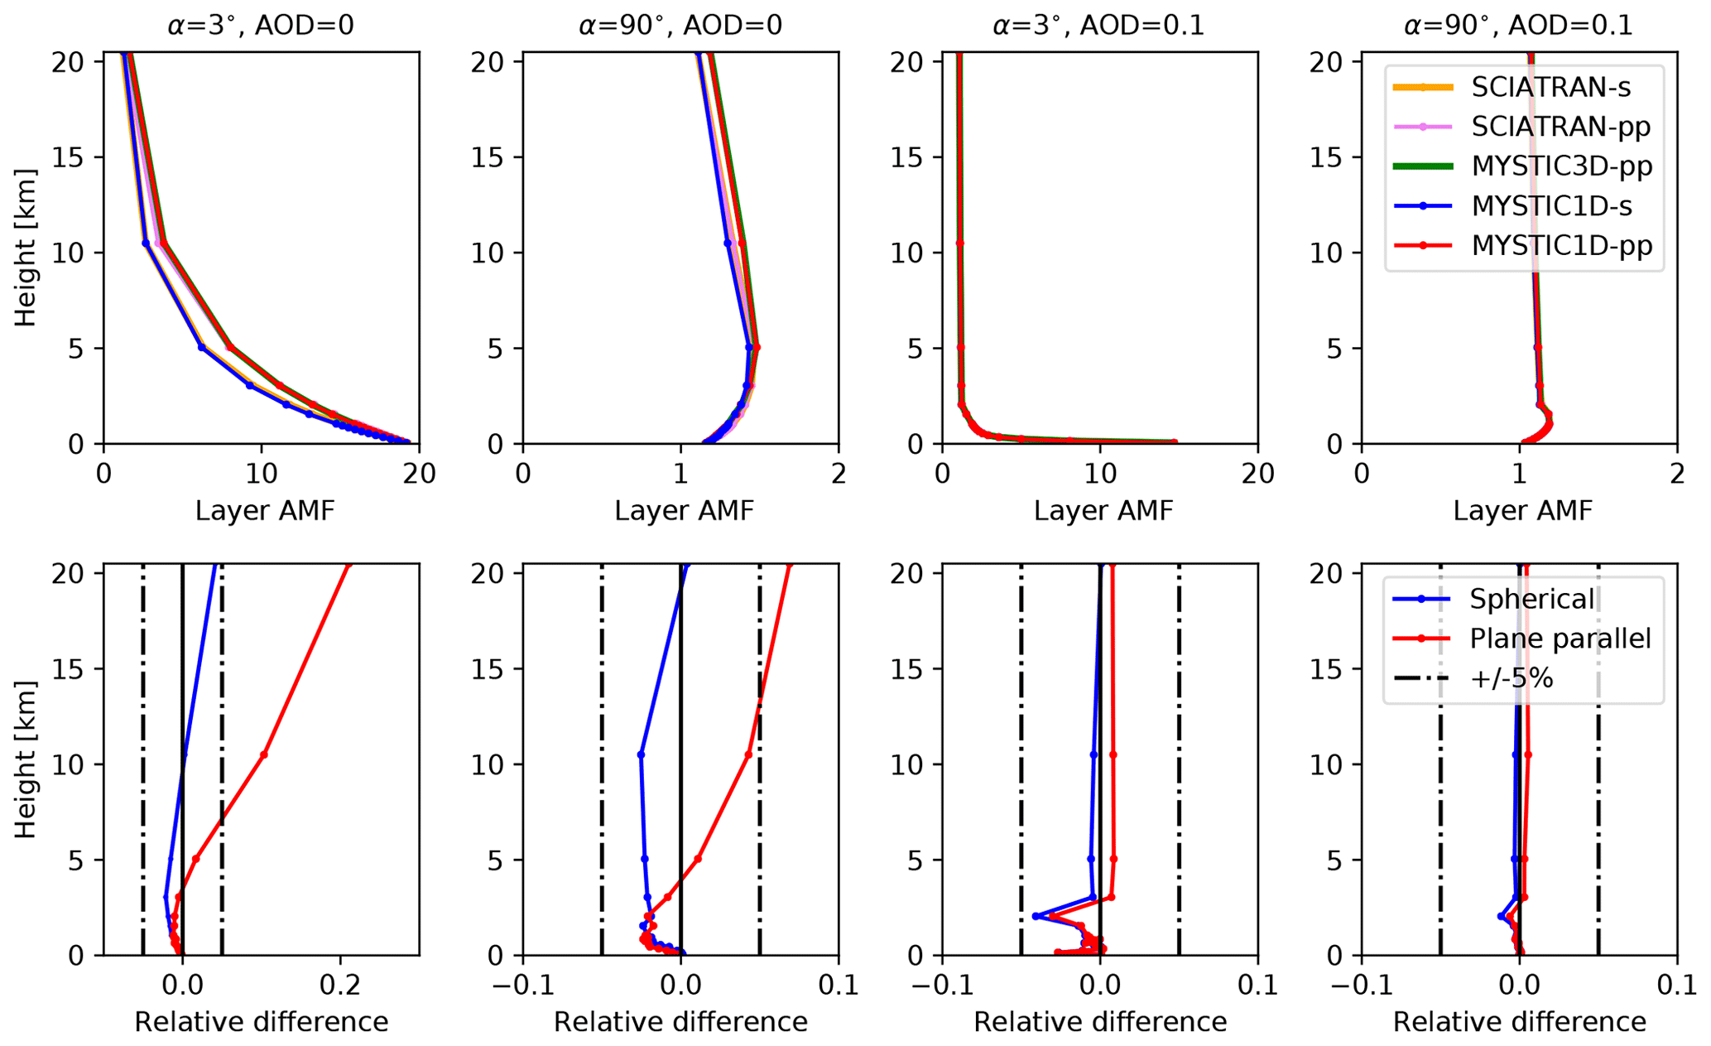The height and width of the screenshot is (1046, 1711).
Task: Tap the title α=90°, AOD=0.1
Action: [1518, 26]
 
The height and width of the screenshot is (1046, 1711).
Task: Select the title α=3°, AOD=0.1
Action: [1099, 26]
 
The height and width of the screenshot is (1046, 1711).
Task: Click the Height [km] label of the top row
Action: [26, 248]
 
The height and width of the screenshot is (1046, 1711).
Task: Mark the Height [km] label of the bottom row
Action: [26, 759]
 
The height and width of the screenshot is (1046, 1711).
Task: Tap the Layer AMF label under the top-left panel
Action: [265, 511]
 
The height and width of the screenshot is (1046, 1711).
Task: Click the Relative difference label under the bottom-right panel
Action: [1519, 1023]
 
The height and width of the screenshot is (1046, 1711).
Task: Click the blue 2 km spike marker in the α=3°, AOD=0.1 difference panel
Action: [1036, 916]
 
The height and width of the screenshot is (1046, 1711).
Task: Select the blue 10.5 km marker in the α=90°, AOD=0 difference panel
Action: [641, 754]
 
